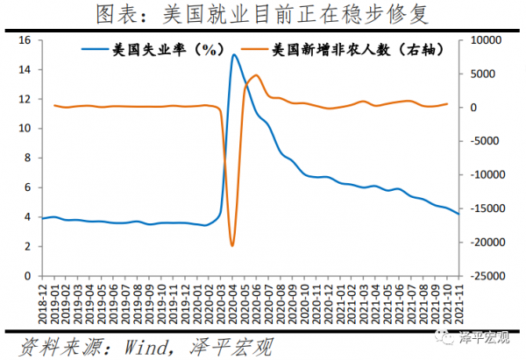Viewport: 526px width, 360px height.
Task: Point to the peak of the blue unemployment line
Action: click(x=234, y=55)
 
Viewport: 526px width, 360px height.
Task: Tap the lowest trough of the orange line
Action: click(x=231, y=245)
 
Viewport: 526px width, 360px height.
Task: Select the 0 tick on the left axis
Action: click(x=28, y=276)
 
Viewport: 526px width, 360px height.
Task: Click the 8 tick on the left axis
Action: click(x=28, y=159)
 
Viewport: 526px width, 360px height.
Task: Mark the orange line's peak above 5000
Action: click(x=255, y=75)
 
